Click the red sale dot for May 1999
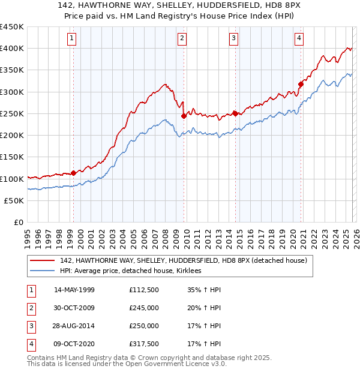tap(73, 173)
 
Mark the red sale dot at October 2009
tap(184, 116)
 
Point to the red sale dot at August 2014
tap(235, 113)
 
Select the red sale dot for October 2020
tap(301, 84)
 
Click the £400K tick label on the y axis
tap(12, 49)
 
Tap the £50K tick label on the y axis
tap(14, 201)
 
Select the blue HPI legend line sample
tap(43, 271)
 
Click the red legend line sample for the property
tap(43, 260)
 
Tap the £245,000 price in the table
tap(144, 308)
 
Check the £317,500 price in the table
tap(144, 344)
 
